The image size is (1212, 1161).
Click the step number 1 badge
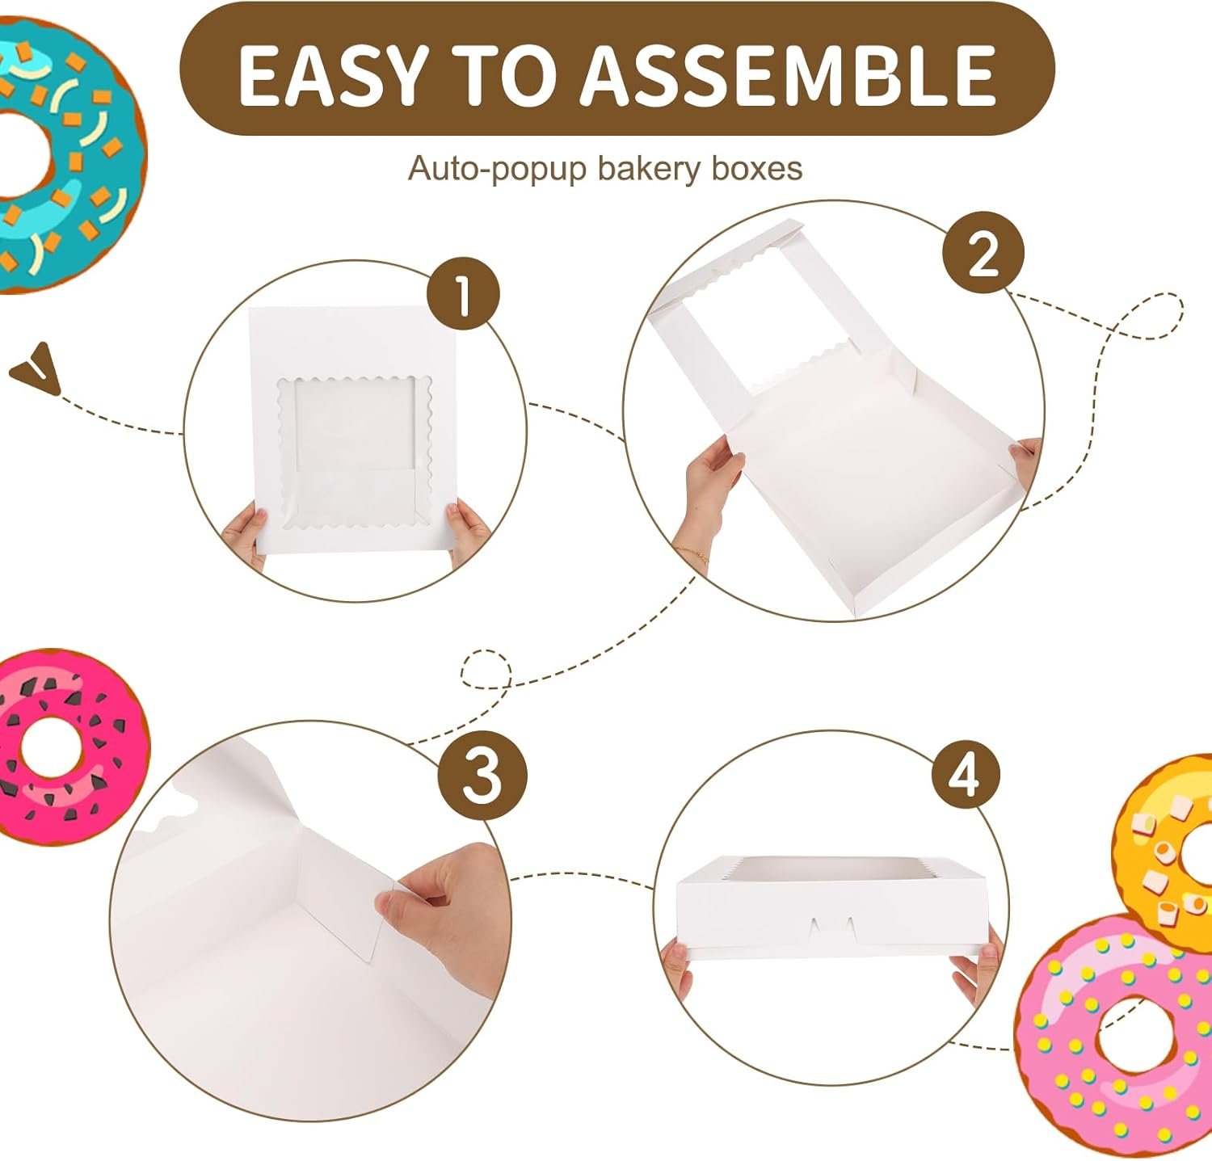coord(463,294)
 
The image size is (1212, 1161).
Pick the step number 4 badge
coord(966,774)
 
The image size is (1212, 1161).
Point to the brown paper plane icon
coord(36,369)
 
